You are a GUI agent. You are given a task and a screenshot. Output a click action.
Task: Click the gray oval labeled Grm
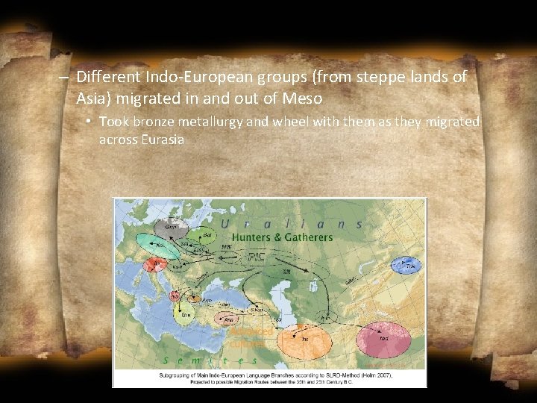pos(172,227)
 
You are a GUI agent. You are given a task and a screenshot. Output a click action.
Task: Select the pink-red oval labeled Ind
pos(383,341)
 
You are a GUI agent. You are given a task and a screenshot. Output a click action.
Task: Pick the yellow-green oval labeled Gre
pos(187,313)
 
